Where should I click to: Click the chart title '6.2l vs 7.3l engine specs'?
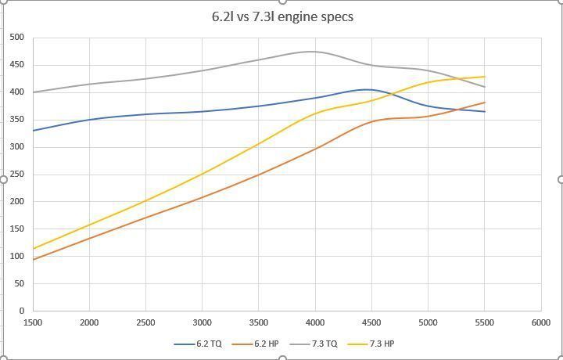pyautogui.click(x=282, y=16)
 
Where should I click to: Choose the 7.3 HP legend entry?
pyautogui.click(x=380, y=343)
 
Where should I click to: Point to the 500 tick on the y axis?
pyautogui.click(x=17, y=38)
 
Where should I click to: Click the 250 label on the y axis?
pyautogui.click(x=17, y=174)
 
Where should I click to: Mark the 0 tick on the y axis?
pyautogui.click(x=21, y=311)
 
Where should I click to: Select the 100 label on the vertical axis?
pyautogui.click(x=17, y=256)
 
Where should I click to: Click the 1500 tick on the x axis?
pyautogui.click(x=33, y=322)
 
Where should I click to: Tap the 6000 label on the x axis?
pyautogui.click(x=540, y=322)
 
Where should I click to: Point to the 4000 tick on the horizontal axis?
pyautogui.click(x=315, y=322)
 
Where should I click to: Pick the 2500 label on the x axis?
pyautogui.click(x=145, y=322)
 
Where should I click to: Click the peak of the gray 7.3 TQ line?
pyautogui.click(x=312, y=52)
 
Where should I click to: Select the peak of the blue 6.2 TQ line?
pyautogui.click(x=366, y=89)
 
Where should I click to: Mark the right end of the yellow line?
pyautogui.click(x=485, y=77)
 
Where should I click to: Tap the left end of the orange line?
pyautogui.click(x=34, y=259)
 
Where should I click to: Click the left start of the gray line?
pyautogui.click(x=34, y=92)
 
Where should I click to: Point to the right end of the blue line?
pyautogui.click(x=485, y=111)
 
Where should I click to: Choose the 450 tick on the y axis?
pyautogui.click(x=17, y=65)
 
